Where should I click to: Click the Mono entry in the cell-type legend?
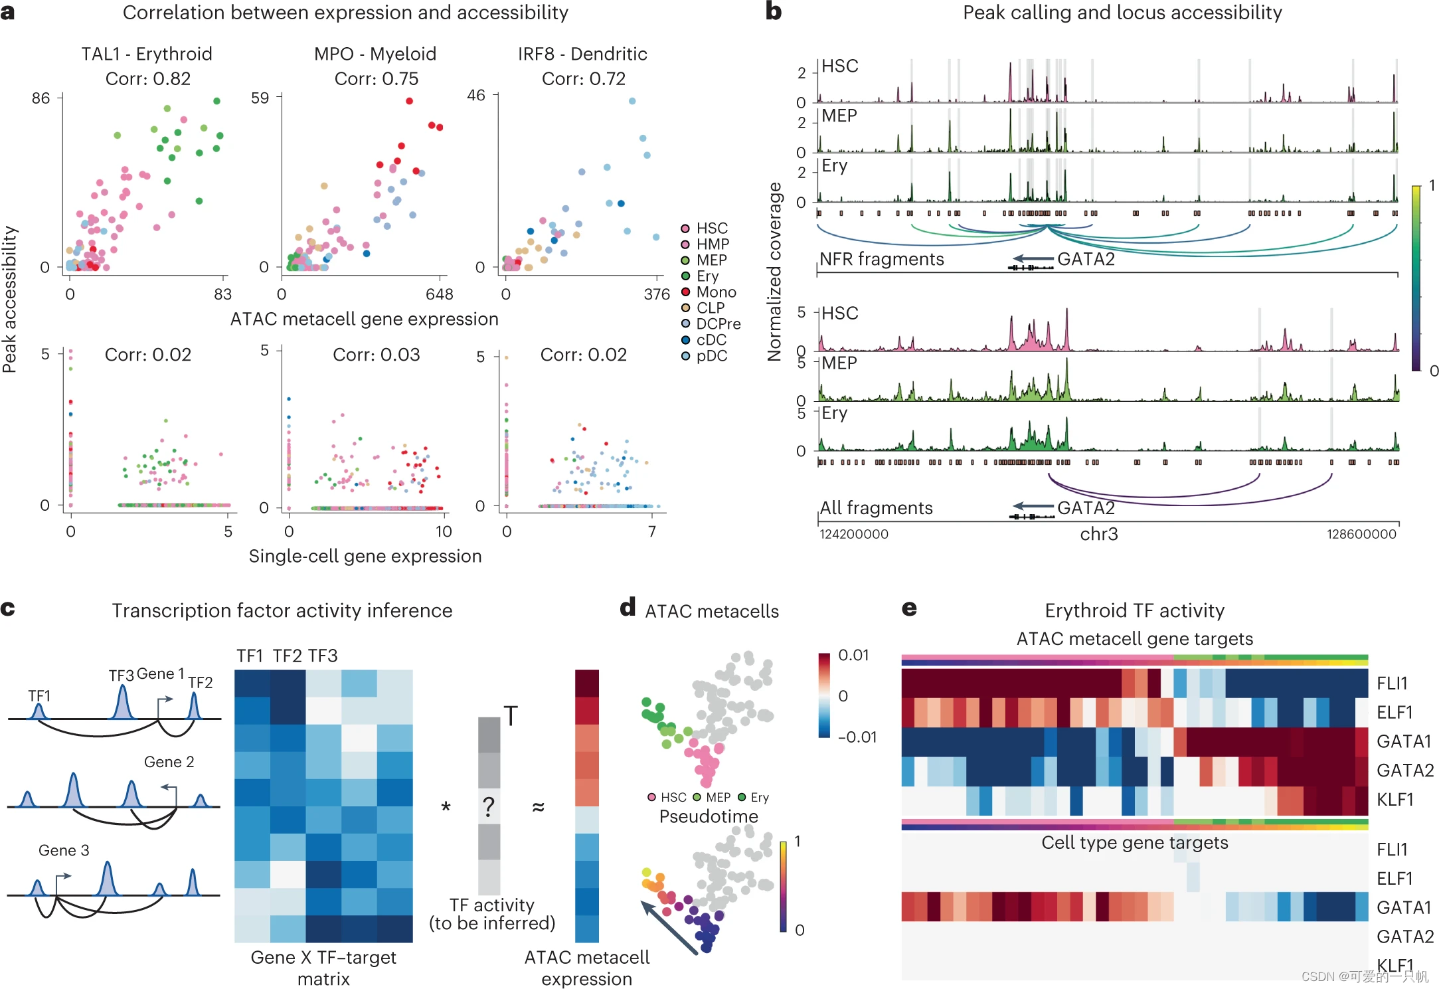[715, 292]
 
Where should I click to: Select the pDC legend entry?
[711, 356]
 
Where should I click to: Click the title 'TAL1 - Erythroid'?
[147, 54]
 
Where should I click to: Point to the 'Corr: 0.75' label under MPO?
[376, 78]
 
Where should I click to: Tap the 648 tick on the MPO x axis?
[439, 294]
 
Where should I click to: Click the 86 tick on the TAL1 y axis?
[41, 98]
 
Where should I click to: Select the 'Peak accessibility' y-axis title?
[9, 299]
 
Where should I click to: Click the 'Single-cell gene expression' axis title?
[365, 556]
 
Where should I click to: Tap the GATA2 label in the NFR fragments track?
[1085, 259]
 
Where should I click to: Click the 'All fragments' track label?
[875, 508]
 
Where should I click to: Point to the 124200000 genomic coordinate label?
[853, 534]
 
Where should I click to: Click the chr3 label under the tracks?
[1098, 534]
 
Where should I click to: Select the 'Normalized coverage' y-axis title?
[774, 272]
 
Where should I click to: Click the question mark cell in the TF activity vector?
[489, 806]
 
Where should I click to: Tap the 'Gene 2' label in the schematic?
[169, 762]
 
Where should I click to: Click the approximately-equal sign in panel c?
[538, 807]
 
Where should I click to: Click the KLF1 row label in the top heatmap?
[1395, 800]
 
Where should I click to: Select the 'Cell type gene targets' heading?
[1134, 842]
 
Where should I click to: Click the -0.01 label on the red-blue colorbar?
[857, 737]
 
